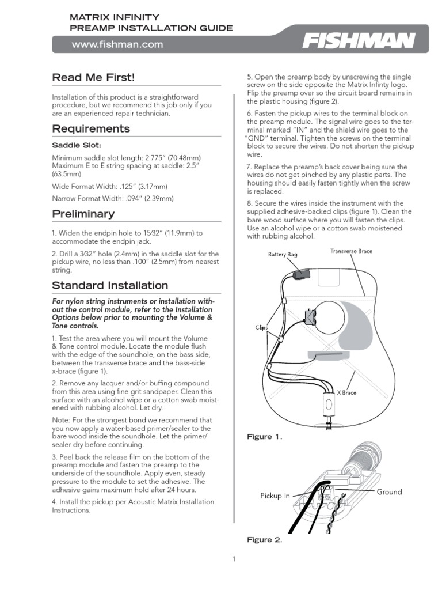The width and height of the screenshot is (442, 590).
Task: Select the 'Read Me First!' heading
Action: tap(93, 77)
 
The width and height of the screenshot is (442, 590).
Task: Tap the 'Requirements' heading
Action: tap(90, 128)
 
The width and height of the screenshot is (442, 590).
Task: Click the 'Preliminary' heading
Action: tap(83, 214)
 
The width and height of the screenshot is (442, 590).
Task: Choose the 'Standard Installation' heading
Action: tap(110, 285)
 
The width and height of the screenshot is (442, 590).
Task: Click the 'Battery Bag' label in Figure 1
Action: tap(282, 254)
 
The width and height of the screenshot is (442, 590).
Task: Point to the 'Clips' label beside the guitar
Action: tap(262, 327)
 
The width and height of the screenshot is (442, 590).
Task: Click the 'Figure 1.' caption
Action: tap(264, 437)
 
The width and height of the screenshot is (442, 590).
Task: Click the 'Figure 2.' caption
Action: tap(264, 540)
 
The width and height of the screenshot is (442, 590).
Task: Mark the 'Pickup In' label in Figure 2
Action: tap(275, 496)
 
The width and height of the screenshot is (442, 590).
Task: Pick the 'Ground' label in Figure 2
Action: tap(389, 491)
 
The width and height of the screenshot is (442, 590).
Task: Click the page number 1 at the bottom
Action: tap(234, 559)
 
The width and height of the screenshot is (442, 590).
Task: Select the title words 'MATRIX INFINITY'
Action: tap(114, 18)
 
